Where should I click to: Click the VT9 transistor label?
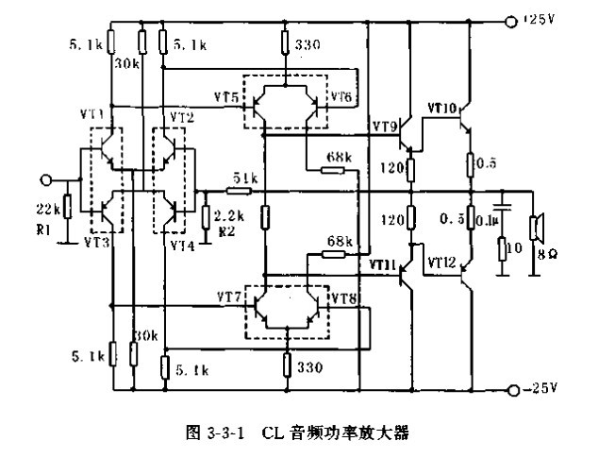[x=384, y=126]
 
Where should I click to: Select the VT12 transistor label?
[x=441, y=262]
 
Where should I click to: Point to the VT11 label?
[x=385, y=263]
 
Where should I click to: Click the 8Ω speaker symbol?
[x=539, y=229]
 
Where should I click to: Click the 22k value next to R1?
[x=47, y=208]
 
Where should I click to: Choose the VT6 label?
[x=341, y=97]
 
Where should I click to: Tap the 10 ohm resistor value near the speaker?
[x=514, y=249]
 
